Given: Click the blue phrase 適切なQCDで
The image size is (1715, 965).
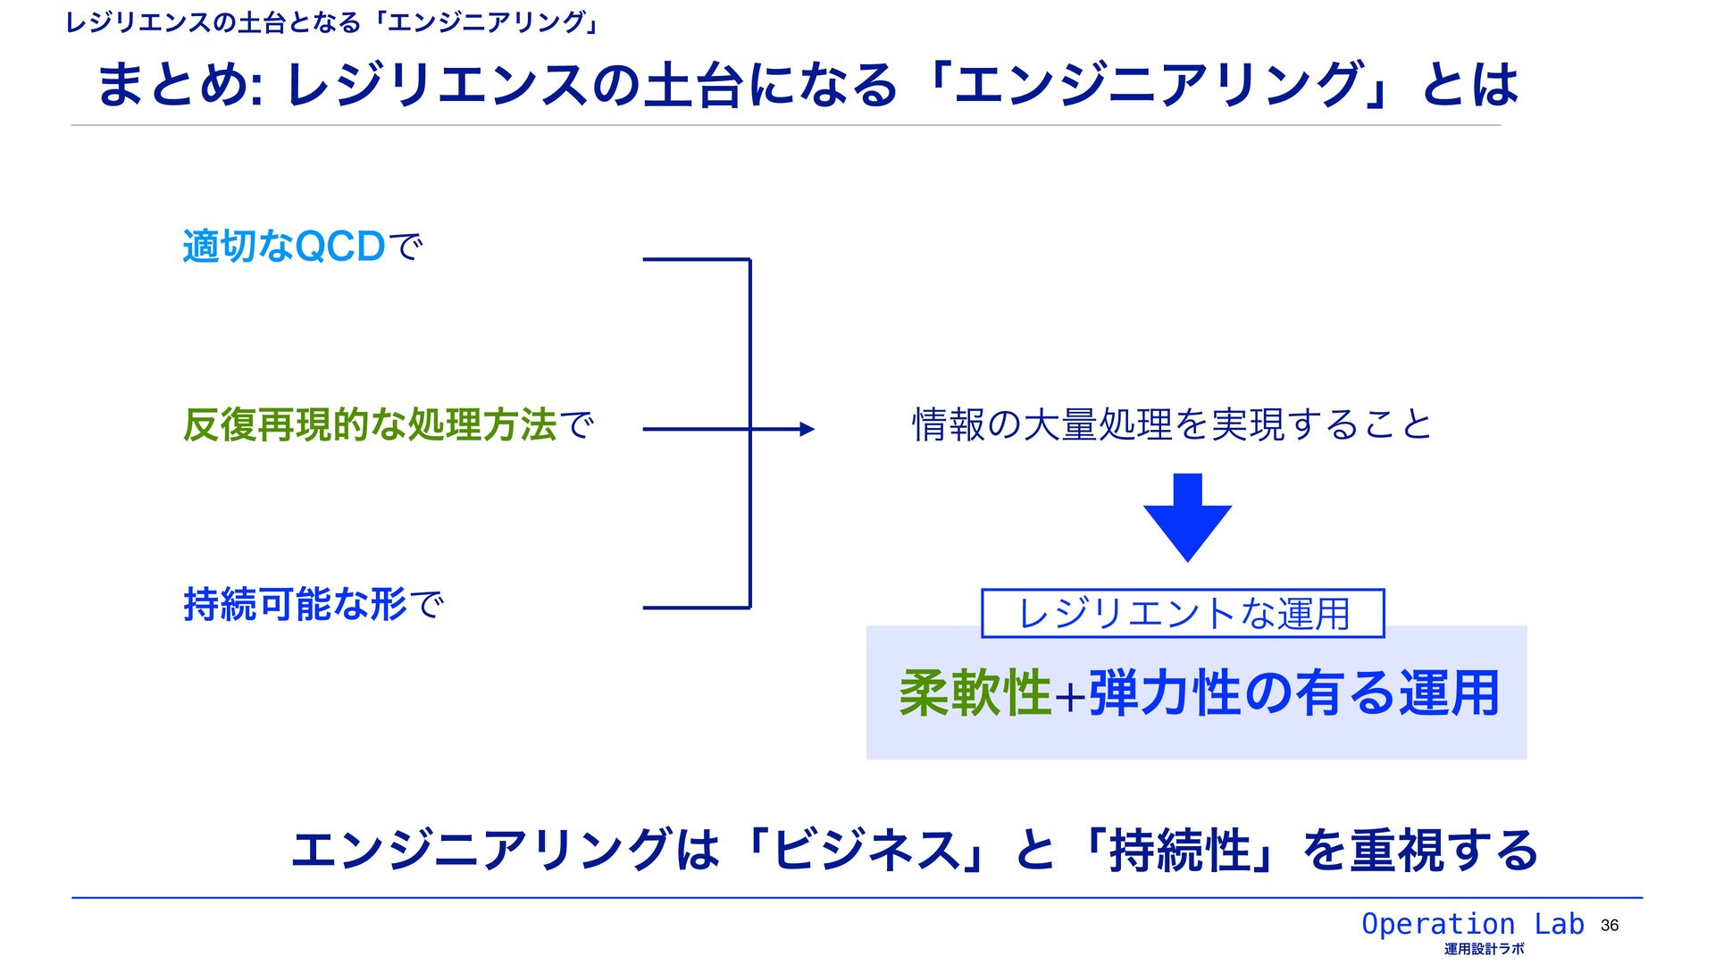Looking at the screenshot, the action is click(302, 247).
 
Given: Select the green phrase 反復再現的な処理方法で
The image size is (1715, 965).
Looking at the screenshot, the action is click(388, 425).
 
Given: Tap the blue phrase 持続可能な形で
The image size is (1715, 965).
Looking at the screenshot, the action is click(313, 605).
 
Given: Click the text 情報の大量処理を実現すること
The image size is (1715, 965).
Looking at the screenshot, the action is click(1172, 424).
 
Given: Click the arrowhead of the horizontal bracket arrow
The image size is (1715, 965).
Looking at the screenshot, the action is click(807, 430).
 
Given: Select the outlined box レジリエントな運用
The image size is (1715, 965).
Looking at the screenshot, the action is click(1183, 614).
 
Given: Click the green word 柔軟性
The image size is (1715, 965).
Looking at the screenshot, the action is click(975, 693).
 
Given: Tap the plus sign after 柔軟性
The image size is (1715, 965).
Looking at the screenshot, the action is click(1069, 696).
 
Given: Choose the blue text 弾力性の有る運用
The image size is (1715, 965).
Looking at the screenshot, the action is click(1293, 693).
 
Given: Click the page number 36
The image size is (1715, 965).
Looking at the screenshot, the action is click(1610, 926).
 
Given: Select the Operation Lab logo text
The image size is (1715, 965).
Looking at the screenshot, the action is click(1472, 924).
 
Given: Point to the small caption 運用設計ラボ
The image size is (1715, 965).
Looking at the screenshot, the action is click(1485, 949).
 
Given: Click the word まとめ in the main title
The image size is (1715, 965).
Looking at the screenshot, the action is click(173, 85).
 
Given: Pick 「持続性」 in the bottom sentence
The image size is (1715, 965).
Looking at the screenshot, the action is click(1179, 850).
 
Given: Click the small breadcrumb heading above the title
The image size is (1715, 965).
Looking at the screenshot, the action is click(331, 22).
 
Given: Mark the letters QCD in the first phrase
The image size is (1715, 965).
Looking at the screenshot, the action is click(339, 247).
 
